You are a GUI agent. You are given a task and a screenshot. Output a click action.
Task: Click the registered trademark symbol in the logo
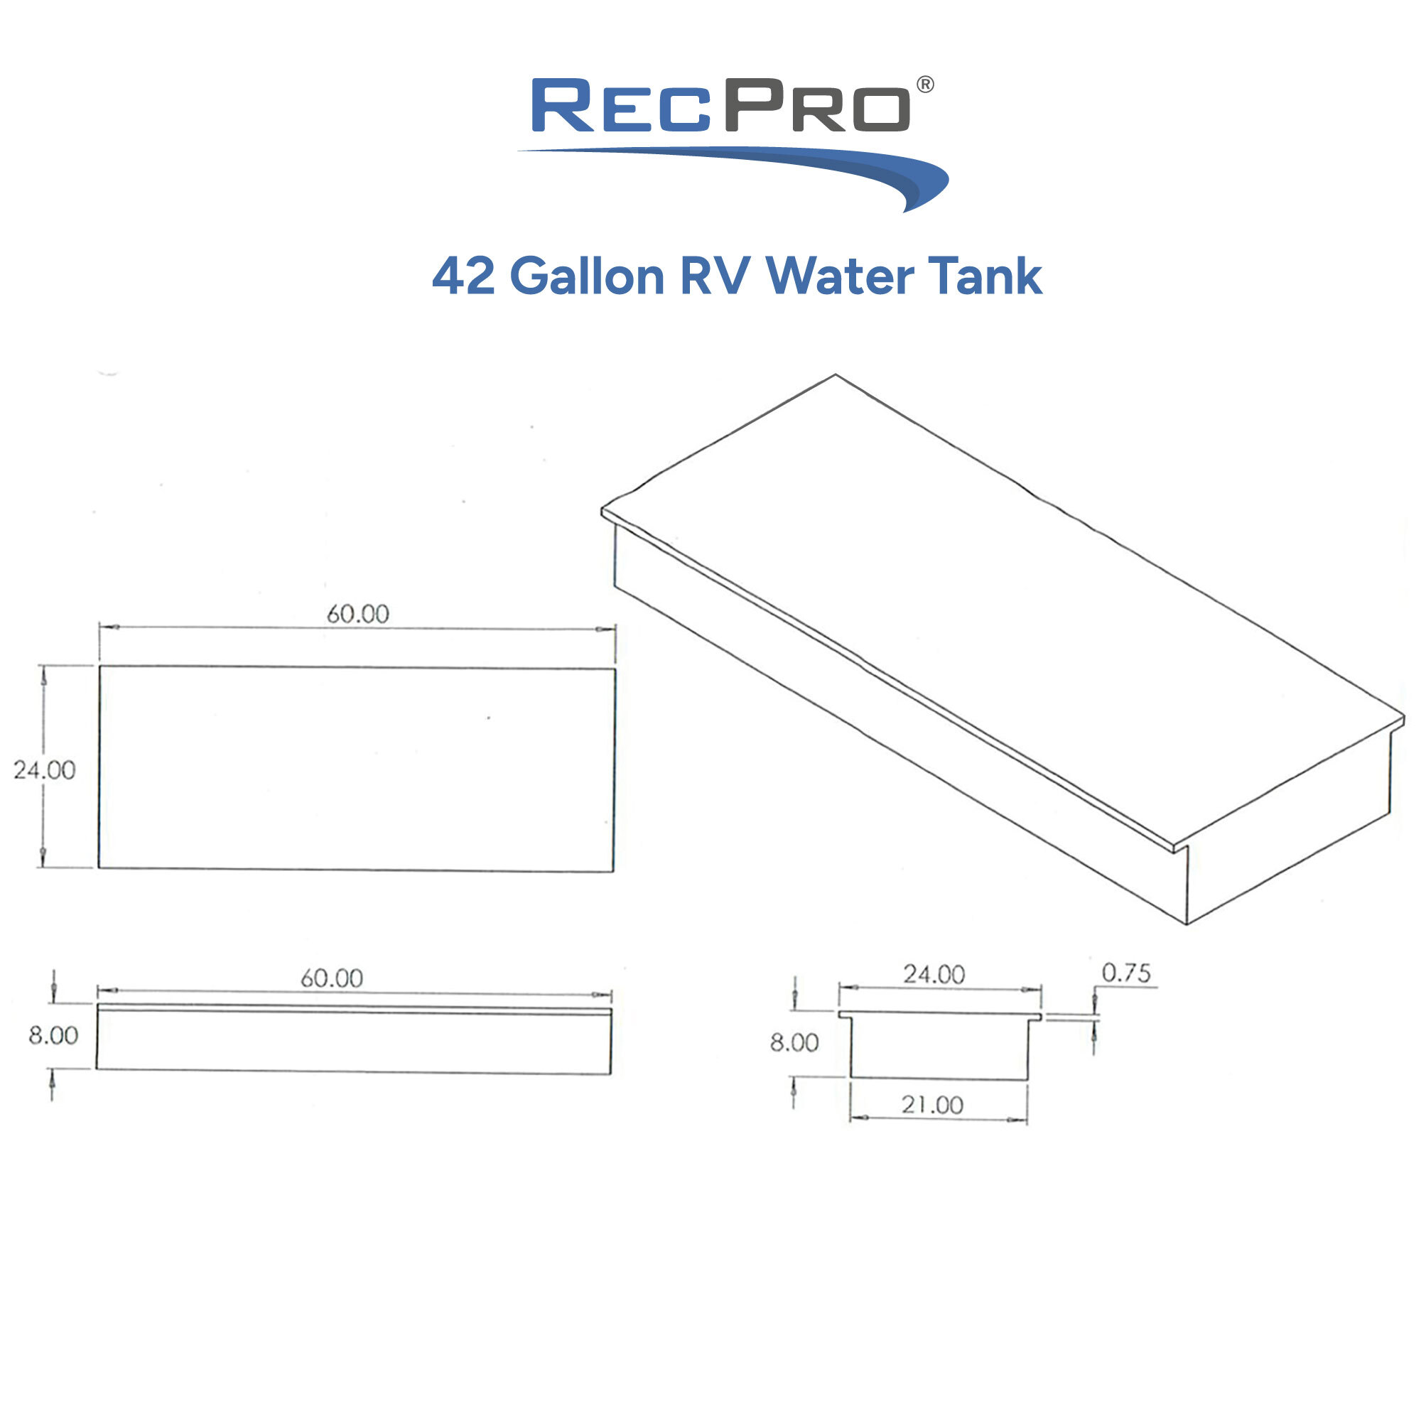click(925, 85)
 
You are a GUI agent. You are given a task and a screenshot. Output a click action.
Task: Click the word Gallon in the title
click(586, 276)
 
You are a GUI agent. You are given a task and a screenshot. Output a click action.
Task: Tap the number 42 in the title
click(463, 276)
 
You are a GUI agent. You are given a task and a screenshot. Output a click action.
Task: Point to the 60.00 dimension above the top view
click(357, 614)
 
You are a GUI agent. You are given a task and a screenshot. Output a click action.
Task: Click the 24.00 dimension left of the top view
click(45, 770)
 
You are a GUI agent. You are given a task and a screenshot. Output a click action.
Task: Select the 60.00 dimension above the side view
click(332, 978)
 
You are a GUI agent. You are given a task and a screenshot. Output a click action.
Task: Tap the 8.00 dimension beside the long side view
click(53, 1036)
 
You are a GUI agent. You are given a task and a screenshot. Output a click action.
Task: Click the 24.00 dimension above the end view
click(934, 976)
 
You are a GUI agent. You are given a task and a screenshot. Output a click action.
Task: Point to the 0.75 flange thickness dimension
click(1125, 974)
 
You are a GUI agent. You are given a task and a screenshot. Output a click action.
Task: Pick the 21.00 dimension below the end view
click(932, 1106)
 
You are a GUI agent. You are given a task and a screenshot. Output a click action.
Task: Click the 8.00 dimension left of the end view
click(794, 1043)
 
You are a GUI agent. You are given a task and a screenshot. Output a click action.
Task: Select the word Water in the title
click(839, 276)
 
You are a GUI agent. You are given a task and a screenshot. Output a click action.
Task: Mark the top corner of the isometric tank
click(835, 375)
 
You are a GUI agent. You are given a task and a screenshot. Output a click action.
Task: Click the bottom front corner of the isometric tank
click(1187, 924)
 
